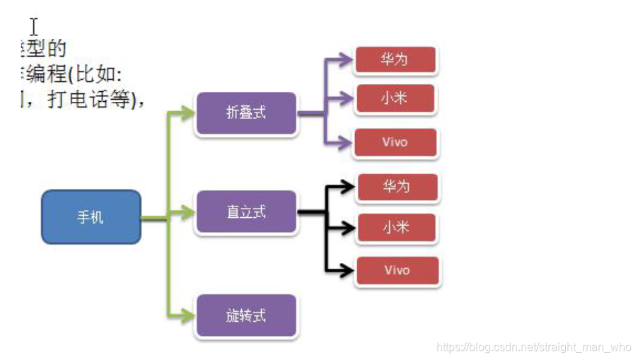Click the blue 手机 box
[91, 217]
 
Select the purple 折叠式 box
[245, 112]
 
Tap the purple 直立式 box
[245, 211]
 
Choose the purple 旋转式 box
[245, 315]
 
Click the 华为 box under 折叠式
[395, 59]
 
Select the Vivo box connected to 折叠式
[395, 142]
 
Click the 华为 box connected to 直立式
[397, 187]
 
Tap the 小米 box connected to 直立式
[397, 228]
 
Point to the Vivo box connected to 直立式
[397, 270]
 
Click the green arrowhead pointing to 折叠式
[187, 112]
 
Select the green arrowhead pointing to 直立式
[187, 211]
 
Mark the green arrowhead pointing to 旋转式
[187, 315]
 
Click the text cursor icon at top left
[33, 27]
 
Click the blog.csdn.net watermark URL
[533, 347]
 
